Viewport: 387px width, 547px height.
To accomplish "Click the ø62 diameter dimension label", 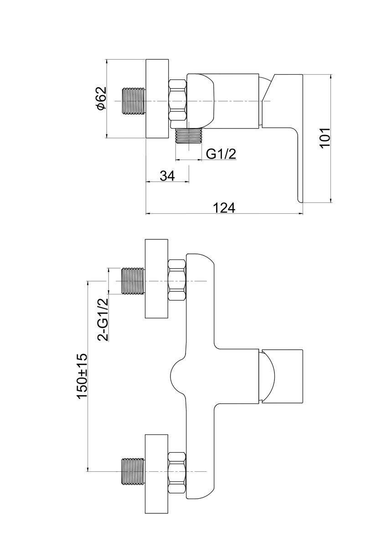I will pyautogui.click(x=101, y=98).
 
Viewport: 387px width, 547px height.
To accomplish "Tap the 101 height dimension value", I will pyautogui.click(x=325, y=137).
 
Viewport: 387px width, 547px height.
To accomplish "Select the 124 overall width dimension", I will pyautogui.click(x=224, y=207).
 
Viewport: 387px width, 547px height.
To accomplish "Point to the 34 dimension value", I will pyautogui.click(x=167, y=175).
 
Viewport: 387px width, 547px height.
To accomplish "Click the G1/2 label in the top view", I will pyautogui.click(x=221, y=154).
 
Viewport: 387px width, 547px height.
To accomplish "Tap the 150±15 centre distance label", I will pyautogui.click(x=82, y=376).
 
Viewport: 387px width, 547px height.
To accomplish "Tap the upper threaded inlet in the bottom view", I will pyautogui.click(x=133, y=281).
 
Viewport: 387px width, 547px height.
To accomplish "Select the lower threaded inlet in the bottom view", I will pyautogui.click(x=133, y=471).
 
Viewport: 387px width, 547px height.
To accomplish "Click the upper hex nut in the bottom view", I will pyautogui.click(x=177, y=280).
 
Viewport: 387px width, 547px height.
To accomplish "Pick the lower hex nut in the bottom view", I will pyautogui.click(x=177, y=471).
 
